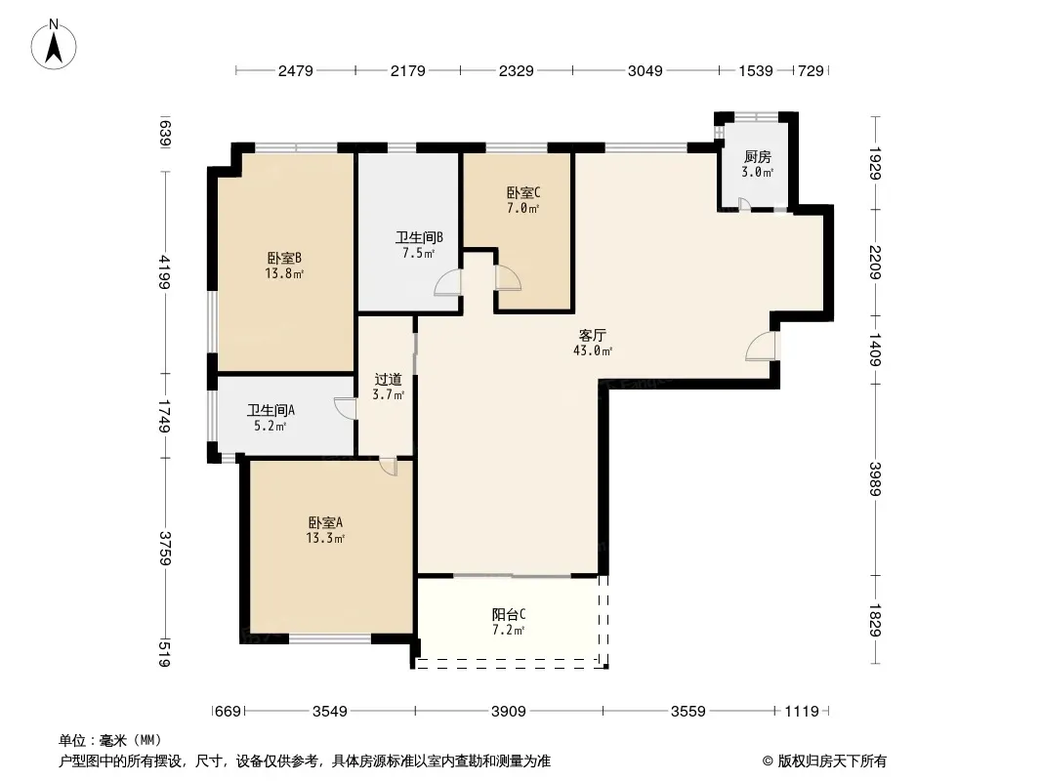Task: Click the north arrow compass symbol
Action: pyautogui.click(x=54, y=45)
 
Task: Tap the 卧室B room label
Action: pyautogui.click(x=284, y=258)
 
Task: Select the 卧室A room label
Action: pyautogui.click(x=325, y=523)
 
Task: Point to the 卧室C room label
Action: pyautogui.click(x=523, y=192)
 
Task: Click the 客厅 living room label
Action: pyautogui.click(x=592, y=335)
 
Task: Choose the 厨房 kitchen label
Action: pyautogui.click(x=758, y=156)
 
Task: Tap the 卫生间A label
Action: pyautogui.click(x=271, y=411)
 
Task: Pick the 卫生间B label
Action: pyautogui.click(x=420, y=237)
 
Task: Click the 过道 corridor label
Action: pyautogui.click(x=389, y=380)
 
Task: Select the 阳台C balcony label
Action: pyautogui.click(x=509, y=614)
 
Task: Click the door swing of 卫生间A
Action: pyautogui.click(x=345, y=408)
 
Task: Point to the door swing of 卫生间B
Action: pyautogui.click(x=447, y=282)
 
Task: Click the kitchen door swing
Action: pyautogui.click(x=744, y=204)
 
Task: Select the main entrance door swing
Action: pyautogui.click(x=760, y=346)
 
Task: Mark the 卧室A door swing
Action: pyautogui.click(x=389, y=467)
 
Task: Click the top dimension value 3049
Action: pyautogui.click(x=645, y=70)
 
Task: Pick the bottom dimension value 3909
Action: pyautogui.click(x=509, y=712)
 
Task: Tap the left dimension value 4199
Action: pyautogui.click(x=165, y=272)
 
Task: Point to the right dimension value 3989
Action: pyautogui.click(x=876, y=478)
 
